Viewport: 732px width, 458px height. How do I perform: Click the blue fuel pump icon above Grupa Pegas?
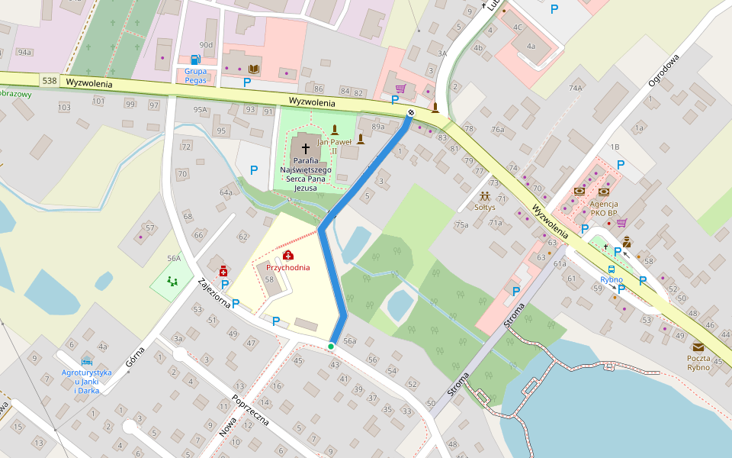(x=195, y=60)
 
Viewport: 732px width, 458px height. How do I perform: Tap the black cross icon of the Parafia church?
(x=306, y=149)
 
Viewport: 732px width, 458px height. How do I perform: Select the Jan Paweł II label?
(x=332, y=147)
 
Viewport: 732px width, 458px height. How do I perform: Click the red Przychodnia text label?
(x=288, y=268)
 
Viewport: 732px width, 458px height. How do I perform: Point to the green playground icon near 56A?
(x=172, y=281)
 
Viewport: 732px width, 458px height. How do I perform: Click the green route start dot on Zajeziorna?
(x=331, y=347)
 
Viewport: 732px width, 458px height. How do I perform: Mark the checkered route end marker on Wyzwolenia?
(x=411, y=113)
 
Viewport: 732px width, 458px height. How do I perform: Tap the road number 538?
(x=50, y=80)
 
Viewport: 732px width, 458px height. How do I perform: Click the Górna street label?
(x=134, y=356)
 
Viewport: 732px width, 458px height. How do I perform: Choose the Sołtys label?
(x=485, y=207)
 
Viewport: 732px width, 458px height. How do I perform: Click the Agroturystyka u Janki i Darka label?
(x=87, y=381)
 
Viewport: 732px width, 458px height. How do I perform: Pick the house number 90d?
(x=206, y=46)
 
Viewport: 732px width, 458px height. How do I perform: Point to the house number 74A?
(x=575, y=89)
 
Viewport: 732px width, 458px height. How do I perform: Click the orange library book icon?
(x=254, y=69)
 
